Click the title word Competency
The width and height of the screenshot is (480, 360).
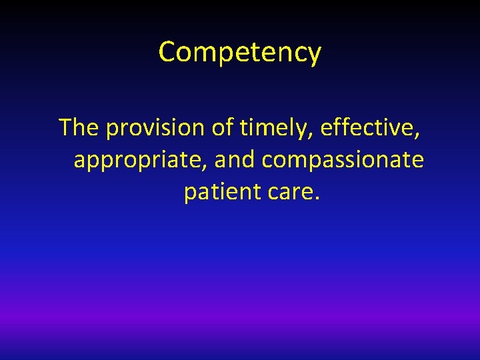[240, 52]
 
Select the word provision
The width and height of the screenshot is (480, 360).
[155, 127]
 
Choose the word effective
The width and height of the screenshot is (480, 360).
[368, 127]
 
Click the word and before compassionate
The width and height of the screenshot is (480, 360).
[237, 159]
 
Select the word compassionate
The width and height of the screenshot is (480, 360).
[343, 159]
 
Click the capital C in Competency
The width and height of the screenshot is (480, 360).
[167, 51]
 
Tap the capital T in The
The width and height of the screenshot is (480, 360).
[66, 127]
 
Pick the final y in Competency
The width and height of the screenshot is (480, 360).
[314, 55]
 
